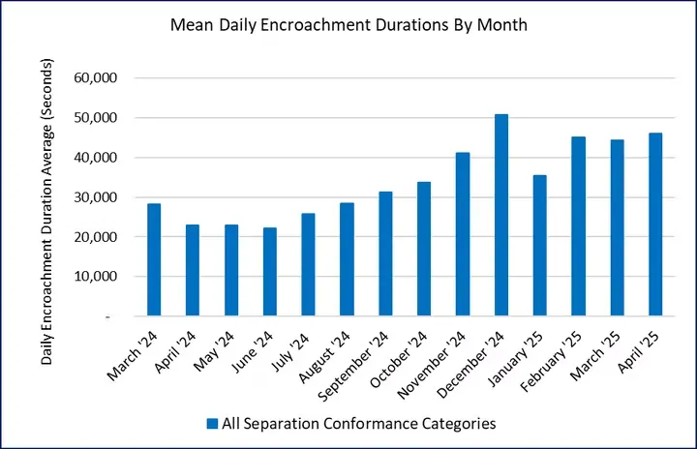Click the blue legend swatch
[x=211, y=422]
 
